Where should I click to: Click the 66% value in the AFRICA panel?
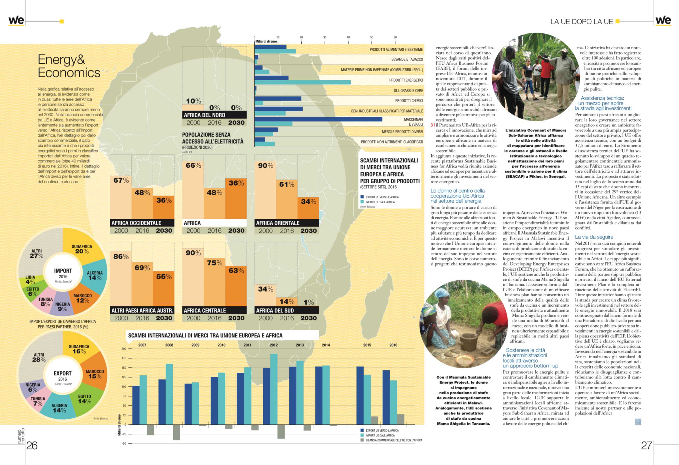click(193, 166)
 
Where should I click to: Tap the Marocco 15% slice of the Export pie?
click(94, 374)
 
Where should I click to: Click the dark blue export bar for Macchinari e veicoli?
click(318, 119)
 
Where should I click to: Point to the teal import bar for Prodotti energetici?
click(303, 82)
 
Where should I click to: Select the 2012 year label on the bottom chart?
click(273, 345)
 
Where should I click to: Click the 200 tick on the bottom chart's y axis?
click(124, 349)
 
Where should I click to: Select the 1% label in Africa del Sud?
click(309, 302)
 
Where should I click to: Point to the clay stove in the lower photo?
click(469, 342)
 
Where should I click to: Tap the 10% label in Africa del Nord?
click(193, 101)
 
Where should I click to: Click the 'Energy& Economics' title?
click(69, 66)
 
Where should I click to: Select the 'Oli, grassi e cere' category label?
click(408, 90)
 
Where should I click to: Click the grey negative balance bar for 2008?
click(177, 432)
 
